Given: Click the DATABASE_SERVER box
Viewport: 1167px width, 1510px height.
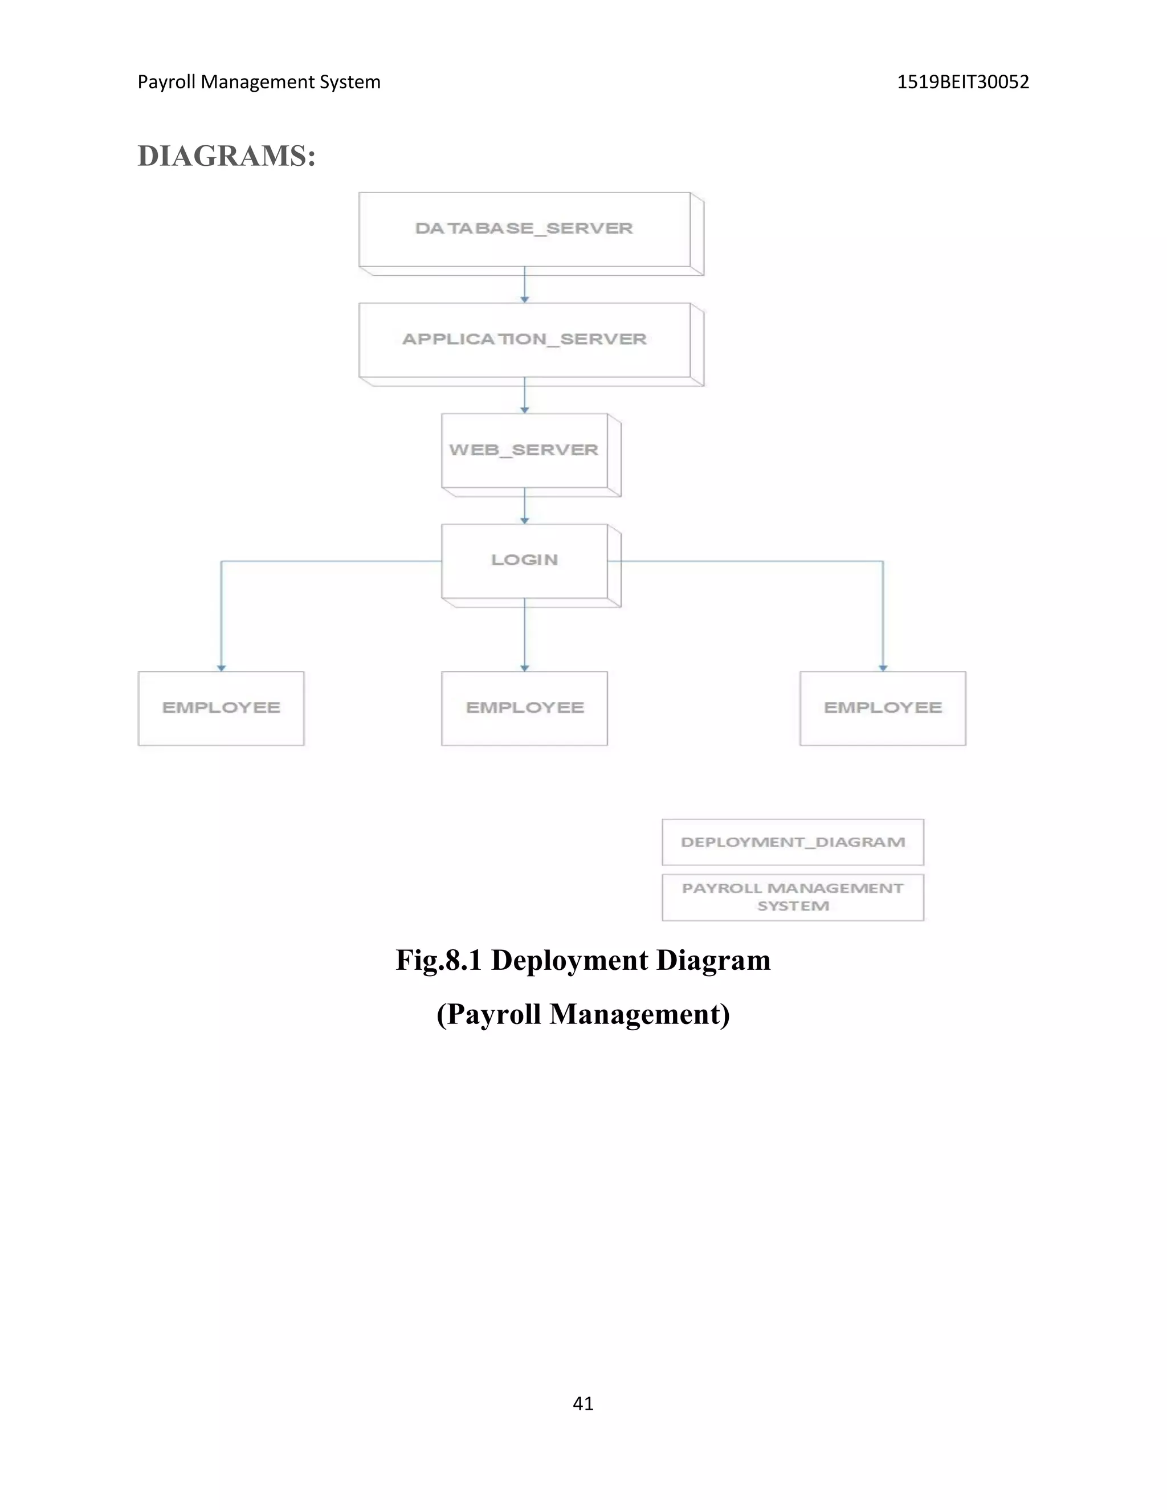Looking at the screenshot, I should (x=524, y=230).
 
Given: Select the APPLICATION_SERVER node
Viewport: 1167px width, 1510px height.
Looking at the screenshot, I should (x=524, y=340).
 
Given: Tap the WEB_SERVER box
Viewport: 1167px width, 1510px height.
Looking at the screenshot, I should (x=524, y=450).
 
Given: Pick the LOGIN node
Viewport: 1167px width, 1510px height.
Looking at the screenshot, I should (x=524, y=561).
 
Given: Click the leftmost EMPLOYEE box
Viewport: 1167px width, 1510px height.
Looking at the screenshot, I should (x=221, y=708).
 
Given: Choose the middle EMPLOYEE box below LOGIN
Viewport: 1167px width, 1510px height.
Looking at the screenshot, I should (x=524, y=708).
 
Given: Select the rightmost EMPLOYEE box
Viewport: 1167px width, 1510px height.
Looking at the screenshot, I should (x=882, y=708).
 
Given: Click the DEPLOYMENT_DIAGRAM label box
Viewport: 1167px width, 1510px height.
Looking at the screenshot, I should (x=792, y=842).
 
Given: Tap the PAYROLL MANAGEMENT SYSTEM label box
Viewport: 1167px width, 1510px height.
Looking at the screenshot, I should (x=792, y=897).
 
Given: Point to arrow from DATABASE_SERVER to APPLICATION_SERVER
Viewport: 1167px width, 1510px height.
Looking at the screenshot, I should (x=524, y=285).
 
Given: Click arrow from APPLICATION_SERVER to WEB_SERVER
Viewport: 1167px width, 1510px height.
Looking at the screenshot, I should (x=524, y=395).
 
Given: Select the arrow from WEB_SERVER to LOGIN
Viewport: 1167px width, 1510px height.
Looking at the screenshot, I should (x=524, y=506).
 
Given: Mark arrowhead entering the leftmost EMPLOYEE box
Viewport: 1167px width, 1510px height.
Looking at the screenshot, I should (x=221, y=667).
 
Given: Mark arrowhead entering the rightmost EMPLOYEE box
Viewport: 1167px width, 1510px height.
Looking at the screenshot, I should (x=882, y=667).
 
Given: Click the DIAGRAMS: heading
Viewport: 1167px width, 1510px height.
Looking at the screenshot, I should (x=227, y=156).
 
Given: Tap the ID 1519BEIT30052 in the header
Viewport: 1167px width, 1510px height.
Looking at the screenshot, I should (x=962, y=82).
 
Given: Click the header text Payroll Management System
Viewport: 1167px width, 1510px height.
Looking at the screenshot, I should (x=259, y=82).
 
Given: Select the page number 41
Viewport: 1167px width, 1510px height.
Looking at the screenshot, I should (x=583, y=1403).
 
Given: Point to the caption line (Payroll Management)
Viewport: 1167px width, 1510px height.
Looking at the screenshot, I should (x=583, y=1014).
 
